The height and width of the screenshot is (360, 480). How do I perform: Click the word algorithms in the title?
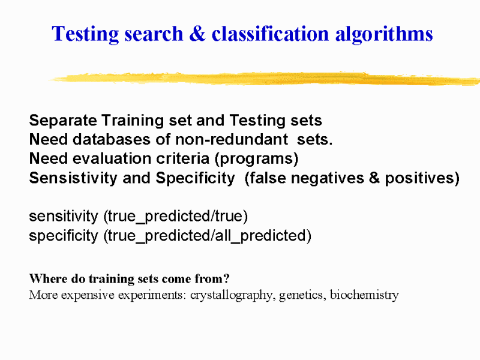click(384, 34)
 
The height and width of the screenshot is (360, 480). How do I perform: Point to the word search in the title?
click(154, 34)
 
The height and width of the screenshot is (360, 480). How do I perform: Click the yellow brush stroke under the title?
click(265, 79)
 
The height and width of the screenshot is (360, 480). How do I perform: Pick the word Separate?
click(63, 121)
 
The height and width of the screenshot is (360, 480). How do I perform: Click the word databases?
click(112, 140)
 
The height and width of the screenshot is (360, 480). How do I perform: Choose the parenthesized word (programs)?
click(256, 159)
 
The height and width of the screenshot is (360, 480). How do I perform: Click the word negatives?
click(328, 178)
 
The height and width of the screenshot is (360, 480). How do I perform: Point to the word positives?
click(419, 178)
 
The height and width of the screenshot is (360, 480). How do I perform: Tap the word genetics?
click(302, 295)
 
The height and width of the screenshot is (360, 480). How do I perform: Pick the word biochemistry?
click(364, 295)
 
